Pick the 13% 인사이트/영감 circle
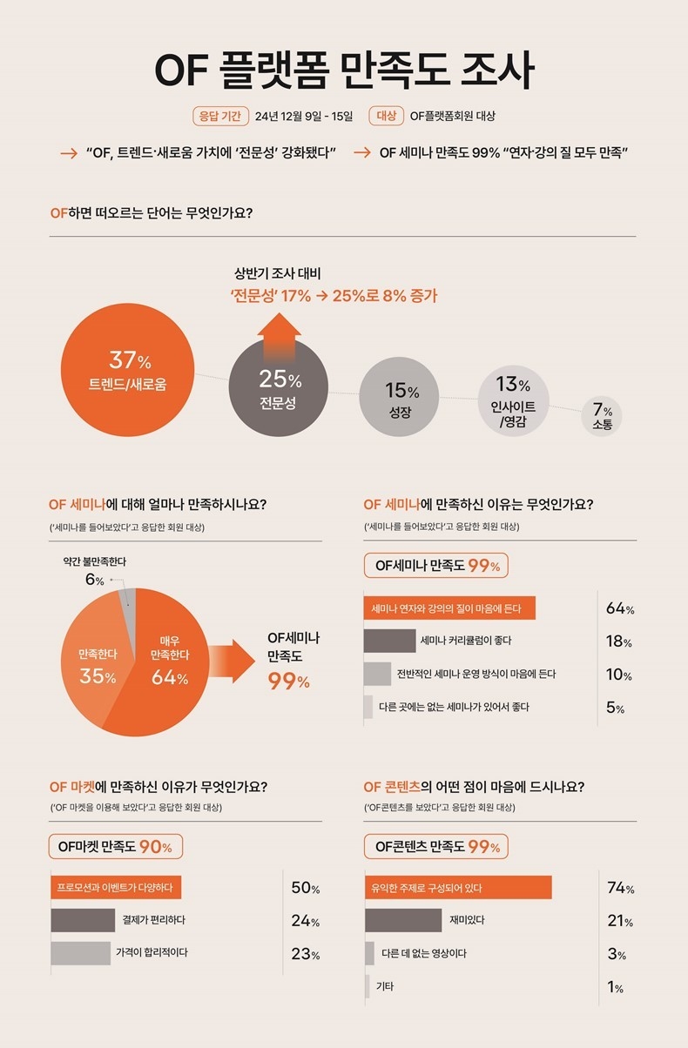[x=514, y=400]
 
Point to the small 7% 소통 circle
[x=603, y=416]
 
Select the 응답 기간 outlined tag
[x=220, y=116]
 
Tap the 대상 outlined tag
[x=385, y=116]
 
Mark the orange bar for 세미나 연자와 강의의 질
[x=449, y=608]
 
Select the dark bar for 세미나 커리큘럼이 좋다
[x=389, y=641]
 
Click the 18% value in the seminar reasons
[x=618, y=642]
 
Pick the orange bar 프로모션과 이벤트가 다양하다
[x=116, y=888]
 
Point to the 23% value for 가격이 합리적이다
[x=305, y=954]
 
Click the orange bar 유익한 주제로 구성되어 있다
[x=458, y=888]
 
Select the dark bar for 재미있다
[x=403, y=920]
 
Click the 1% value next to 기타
[x=616, y=987]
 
